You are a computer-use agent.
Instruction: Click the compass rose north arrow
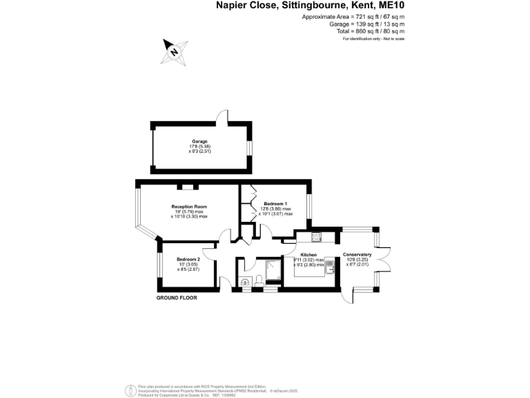pos(174,51)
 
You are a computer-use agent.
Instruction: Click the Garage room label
pos(199,141)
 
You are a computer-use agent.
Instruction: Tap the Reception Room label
pos(189,207)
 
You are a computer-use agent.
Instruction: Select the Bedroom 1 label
pos(275,203)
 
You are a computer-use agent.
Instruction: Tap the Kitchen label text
pos(308,254)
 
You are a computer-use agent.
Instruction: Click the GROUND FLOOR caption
pos(176,298)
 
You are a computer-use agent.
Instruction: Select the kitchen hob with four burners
pos(316,237)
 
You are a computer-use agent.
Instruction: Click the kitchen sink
pos(331,269)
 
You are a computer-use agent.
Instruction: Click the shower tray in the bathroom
pos(273,268)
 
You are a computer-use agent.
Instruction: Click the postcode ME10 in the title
pos(390,6)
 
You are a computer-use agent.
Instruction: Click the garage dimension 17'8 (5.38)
pos(199,146)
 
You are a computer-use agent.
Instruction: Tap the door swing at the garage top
pos(221,117)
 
